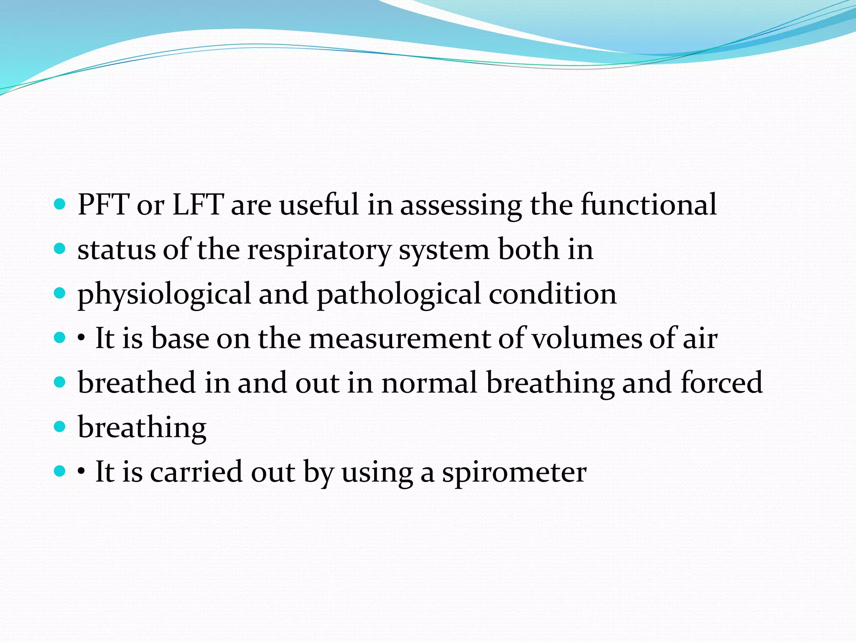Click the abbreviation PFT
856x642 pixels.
(x=103, y=205)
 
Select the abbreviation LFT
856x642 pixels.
(x=198, y=205)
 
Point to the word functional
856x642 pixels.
(x=648, y=205)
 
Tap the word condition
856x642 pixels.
(x=553, y=294)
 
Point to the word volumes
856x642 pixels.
(x=586, y=339)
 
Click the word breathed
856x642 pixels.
(x=137, y=383)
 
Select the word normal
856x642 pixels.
(x=429, y=383)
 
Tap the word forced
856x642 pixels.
(x=721, y=383)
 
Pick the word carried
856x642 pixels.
(x=196, y=472)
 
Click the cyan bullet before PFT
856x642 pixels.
(x=60, y=204)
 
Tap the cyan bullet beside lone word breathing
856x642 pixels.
(x=60, y=427)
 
